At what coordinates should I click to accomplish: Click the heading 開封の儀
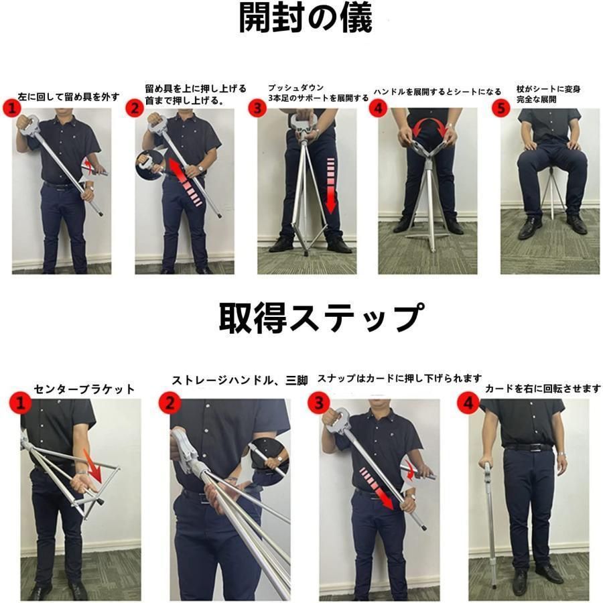click(305, 19)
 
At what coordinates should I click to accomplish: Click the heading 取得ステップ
click(320, 317)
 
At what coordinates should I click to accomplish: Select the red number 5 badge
click(501, 108)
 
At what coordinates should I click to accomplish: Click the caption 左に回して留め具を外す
click(70, 96)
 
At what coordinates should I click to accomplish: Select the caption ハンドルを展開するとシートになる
click(437, 91)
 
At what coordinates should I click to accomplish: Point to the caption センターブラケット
click(84, 389)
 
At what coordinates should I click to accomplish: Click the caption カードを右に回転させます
click(543, 389)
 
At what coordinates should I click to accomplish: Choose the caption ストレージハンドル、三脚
click(240, 381)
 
